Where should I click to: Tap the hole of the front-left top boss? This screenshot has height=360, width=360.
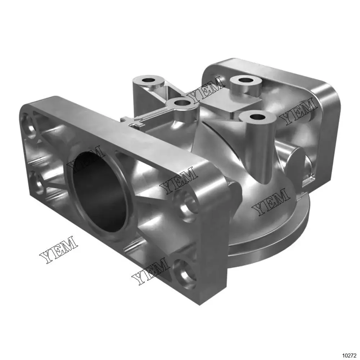point(182,102)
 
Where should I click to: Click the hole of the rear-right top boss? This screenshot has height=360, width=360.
point(246,81)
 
